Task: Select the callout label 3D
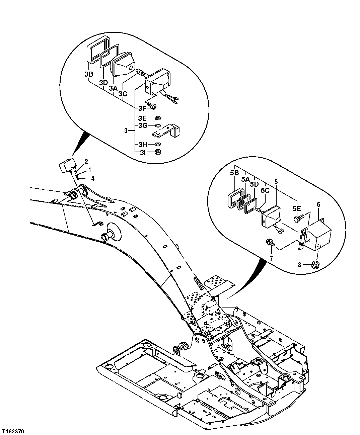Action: pos(103,82)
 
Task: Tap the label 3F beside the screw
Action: pos(142,108)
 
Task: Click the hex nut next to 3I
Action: pos(158,152)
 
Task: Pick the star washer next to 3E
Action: pos(159,118)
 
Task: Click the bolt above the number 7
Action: pos(270,242)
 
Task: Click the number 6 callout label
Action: pos(318,204)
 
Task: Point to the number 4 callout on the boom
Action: pos(93,178)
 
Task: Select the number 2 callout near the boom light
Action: pos(86,162)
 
